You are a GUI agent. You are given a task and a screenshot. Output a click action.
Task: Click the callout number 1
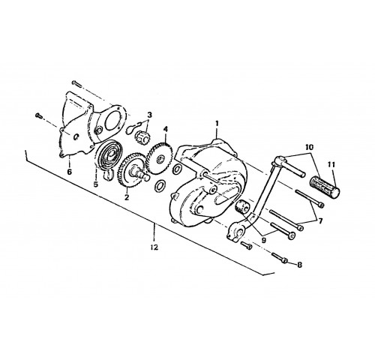217,124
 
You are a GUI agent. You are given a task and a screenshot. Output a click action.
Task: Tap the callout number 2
127,197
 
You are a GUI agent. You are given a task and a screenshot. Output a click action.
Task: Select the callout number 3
149,115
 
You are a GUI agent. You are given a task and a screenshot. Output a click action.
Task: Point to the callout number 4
166,129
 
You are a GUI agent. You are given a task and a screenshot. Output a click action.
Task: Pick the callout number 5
96,184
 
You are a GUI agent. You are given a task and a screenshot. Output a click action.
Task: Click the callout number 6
69,172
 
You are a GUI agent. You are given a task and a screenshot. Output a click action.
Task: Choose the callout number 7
320,220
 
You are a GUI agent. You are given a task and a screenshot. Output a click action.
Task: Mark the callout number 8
299,265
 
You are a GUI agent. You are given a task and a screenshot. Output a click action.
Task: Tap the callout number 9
264,240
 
